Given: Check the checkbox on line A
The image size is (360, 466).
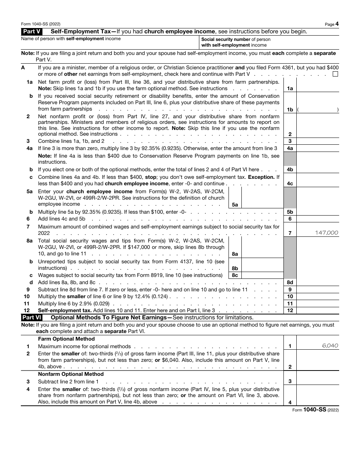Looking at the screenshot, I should (x=335, y=74).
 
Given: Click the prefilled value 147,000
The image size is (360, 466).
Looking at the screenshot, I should (x=326, y=233).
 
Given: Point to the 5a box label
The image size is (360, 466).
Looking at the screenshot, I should (x=235, y=205).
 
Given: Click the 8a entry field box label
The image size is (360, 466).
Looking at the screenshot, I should (x=235, y=254).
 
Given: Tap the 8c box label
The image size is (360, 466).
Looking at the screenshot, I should (x=235, y=275).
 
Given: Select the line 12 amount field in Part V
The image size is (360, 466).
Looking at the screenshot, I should (x=317, y=310).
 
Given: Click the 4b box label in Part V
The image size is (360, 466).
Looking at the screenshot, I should (x=290, y=170).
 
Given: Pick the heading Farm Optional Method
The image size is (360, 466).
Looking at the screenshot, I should (x=66, y=339).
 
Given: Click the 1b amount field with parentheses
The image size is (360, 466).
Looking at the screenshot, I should (x=317, y=109).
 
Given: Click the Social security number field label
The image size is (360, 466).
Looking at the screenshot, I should (x=236, y=42).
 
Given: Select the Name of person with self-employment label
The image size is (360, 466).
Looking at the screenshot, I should (x=71, y=39).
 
